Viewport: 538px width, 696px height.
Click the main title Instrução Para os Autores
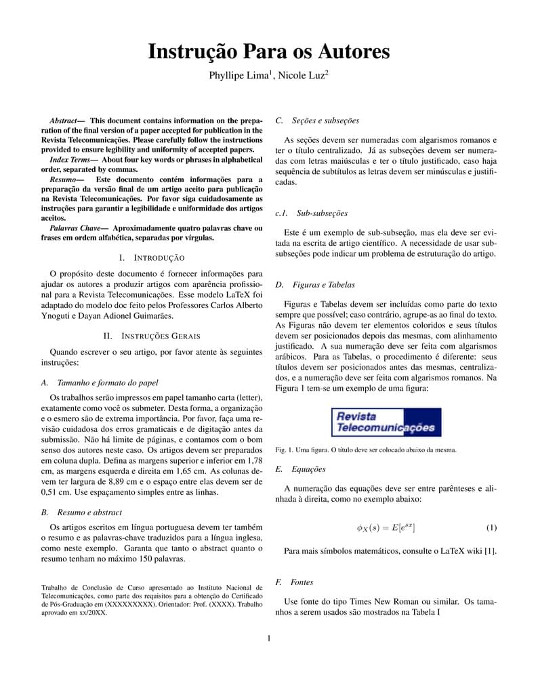pos(269,52)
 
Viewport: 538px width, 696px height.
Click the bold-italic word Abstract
pos(63,121)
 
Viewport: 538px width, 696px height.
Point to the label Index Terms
pos(70,159)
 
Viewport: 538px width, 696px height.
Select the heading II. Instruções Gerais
pos(151,336)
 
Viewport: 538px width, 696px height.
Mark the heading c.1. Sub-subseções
pos(311,213)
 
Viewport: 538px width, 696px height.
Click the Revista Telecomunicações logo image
pos(386,422)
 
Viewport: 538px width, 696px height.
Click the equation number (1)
pos(491,527)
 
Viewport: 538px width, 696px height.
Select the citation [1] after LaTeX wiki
pos(491,551)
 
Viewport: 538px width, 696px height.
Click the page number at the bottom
pos(269,638)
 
